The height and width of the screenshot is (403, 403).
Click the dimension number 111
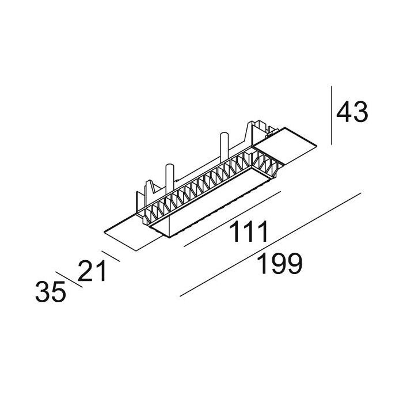(249, 232)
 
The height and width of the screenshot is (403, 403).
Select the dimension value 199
(279, 264)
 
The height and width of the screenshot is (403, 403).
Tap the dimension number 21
(93, 270)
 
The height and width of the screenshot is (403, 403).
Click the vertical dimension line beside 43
(332, 115)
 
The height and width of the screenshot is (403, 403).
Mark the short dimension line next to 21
(110, 256)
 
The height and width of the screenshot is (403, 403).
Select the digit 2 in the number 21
(86, 270)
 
